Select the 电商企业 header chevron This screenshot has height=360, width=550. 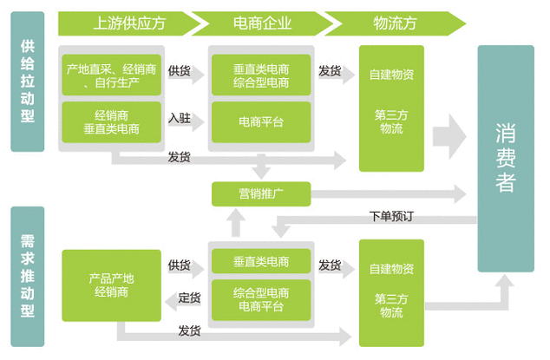257,23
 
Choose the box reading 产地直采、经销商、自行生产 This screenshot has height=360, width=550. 111,75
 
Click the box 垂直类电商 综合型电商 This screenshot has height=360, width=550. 261,75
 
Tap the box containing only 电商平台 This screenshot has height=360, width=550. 261,122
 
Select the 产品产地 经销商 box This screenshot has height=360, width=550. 111,285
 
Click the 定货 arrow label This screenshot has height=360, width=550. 189,298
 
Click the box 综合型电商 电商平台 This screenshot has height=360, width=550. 261,299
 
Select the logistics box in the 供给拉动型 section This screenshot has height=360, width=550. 391,108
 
